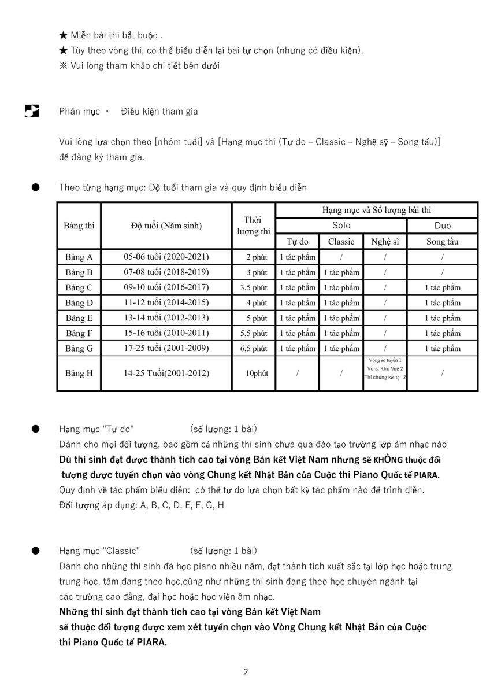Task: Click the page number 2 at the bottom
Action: (246, 672)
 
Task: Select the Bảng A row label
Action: (79, 257)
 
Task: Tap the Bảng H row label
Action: (79, 373)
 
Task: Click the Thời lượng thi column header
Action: (254, 226)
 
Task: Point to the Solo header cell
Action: (341, 226)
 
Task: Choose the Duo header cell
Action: (443, 226)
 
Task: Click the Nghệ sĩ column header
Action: (385, 241)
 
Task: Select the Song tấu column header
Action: (443, 241)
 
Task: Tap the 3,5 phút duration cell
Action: (254, 287)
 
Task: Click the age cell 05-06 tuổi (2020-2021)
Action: (166, 257)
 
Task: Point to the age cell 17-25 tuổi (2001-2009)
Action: (166, 348)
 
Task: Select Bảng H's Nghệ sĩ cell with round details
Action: (385, 368)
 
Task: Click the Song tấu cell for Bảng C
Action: (443, 287)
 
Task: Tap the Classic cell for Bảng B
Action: (341, 272)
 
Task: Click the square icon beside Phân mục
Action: (32, 111)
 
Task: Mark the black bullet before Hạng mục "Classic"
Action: (35, 551)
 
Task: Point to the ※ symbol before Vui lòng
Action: (64, 65)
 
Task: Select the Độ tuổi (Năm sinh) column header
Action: (166, 226)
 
